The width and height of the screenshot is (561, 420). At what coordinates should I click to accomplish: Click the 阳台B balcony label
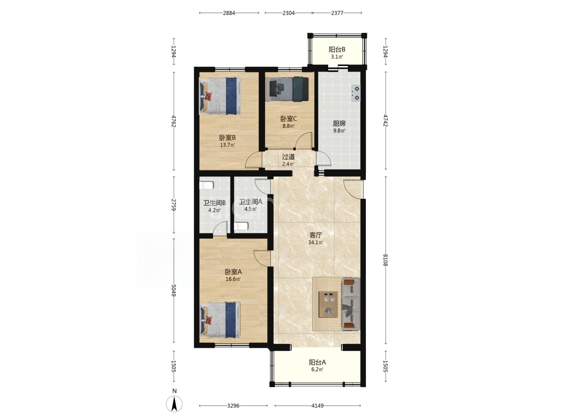(x=337, y=50)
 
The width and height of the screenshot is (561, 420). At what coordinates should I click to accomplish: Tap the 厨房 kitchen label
(x=339, y=124)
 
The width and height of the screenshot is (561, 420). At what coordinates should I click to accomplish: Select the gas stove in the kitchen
(x=355, y=93)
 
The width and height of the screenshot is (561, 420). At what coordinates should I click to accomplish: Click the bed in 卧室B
(x=220, y=96)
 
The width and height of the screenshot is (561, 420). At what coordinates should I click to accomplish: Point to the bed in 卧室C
(x=287, y=89)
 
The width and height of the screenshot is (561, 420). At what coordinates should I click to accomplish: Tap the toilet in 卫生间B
(x=206, y=185)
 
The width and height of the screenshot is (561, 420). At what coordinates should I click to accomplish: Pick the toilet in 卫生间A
(x=241, y=226)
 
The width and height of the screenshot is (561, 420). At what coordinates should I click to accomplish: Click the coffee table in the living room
(x=328, y=304)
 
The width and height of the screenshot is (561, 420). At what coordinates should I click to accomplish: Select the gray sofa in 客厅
(x=351, y=304)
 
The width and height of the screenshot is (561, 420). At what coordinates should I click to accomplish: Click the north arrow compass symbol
(x=174, y=404)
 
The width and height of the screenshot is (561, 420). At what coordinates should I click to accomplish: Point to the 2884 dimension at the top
(x=229, y=13)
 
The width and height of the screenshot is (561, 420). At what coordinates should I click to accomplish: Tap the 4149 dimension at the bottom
(x=317, y=406)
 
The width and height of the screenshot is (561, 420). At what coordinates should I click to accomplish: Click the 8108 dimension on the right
(x=385, y=260)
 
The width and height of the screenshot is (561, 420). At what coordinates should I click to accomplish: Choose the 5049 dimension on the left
(x=174, y=290)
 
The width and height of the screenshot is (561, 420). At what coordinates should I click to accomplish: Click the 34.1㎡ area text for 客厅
(x=316, y=242)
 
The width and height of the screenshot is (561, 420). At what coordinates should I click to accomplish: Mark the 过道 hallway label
(x=288, y=157)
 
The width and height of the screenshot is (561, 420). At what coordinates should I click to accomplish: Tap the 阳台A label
(x=317, y=362)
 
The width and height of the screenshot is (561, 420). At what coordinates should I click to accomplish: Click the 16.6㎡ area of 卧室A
(x=233, y=279)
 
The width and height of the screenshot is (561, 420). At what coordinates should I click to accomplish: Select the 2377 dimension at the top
(x=337, y=13)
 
